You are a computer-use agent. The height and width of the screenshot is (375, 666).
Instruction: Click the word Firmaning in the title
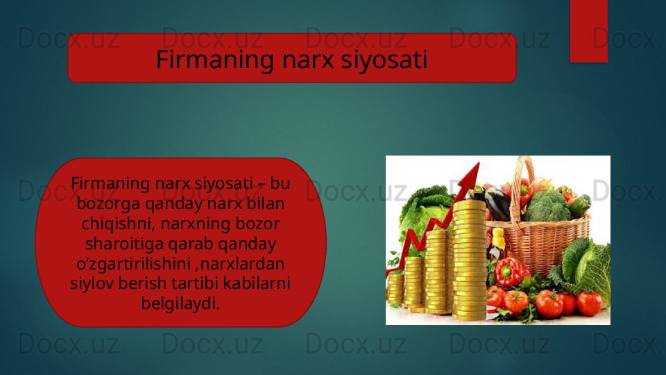point(215,59)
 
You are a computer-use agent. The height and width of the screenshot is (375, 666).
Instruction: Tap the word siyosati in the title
point(384,59)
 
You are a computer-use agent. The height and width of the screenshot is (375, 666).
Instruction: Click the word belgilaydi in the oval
point(180,303)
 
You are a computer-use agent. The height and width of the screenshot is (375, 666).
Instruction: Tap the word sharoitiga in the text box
point(124,244)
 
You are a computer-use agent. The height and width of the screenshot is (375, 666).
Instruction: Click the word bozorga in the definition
point(108,203)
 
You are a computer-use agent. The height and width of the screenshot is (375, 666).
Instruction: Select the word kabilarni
point(257,283)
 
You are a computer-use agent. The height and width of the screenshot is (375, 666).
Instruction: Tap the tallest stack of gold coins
point(470,259)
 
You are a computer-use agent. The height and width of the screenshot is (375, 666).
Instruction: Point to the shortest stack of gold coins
point(395,290)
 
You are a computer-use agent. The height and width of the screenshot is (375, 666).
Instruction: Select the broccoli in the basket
point(547,206)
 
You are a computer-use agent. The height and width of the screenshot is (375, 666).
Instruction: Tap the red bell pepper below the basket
point(509,272)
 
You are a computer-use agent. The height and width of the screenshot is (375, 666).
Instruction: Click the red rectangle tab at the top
point(589,31)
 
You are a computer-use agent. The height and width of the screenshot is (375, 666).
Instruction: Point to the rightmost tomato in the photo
point(590,303)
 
